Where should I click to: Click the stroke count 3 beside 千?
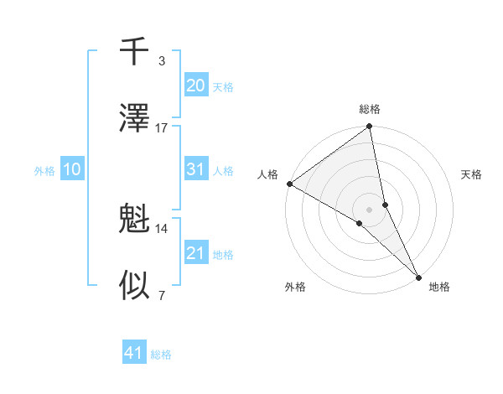161,61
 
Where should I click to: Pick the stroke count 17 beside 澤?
162,127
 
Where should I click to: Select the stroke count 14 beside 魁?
162,228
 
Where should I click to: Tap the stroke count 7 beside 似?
161,294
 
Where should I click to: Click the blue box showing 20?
195,86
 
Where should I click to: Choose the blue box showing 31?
195,169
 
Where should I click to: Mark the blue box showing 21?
195,253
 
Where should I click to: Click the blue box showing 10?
72,169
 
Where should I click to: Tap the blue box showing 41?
134,353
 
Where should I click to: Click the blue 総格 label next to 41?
161,355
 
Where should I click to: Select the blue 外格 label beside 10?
44,171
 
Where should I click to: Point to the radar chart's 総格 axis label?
370,109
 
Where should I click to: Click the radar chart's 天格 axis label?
472,174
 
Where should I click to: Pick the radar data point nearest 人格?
289,184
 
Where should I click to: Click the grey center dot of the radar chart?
370,209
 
